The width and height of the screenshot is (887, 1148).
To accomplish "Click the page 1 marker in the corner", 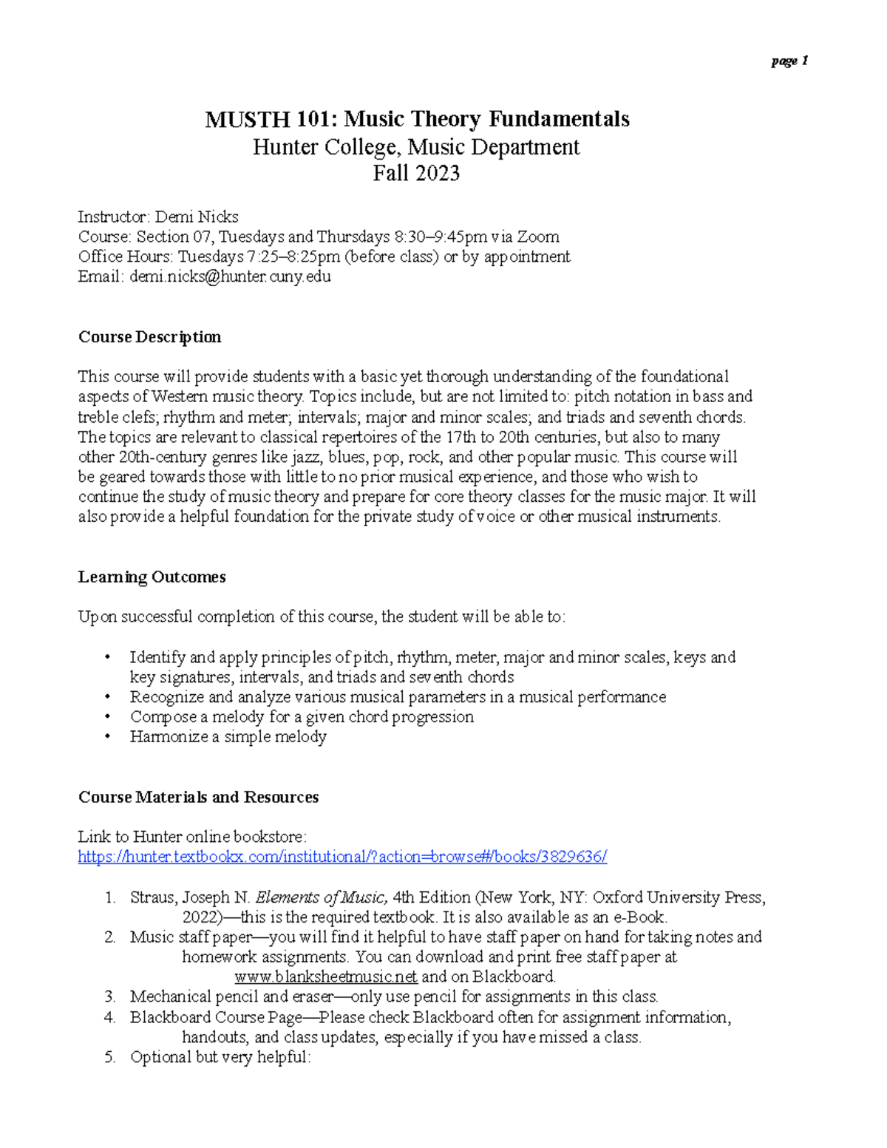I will pos(789,61).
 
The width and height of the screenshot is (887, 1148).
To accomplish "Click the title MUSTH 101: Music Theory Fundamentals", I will pos(417,119).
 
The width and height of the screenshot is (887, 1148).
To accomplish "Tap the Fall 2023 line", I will pos(416,173).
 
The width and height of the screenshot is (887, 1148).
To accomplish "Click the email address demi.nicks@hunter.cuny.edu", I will pos(230,276).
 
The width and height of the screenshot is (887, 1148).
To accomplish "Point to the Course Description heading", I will pos(149,337).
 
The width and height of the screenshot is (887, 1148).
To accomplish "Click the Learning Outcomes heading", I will pos(152,577).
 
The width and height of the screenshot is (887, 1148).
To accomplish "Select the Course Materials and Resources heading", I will pos(198,797).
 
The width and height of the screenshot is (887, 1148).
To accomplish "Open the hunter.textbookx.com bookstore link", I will pos(342,857).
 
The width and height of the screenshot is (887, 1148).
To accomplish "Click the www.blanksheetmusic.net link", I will pos(325,977).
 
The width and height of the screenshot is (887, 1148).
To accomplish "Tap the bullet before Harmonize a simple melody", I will pos(108,737).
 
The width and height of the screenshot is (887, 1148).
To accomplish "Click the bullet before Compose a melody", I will pos(108,717).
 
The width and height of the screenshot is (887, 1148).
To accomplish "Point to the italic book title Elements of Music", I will pos(321,897).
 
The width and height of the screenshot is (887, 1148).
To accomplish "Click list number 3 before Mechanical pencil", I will pos(109,997).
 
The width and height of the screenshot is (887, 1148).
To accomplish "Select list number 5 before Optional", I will pos(109,1057).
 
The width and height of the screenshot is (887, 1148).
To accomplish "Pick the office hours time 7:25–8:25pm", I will pos(293,257).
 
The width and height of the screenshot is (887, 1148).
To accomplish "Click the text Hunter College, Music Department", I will pos(416,147).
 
